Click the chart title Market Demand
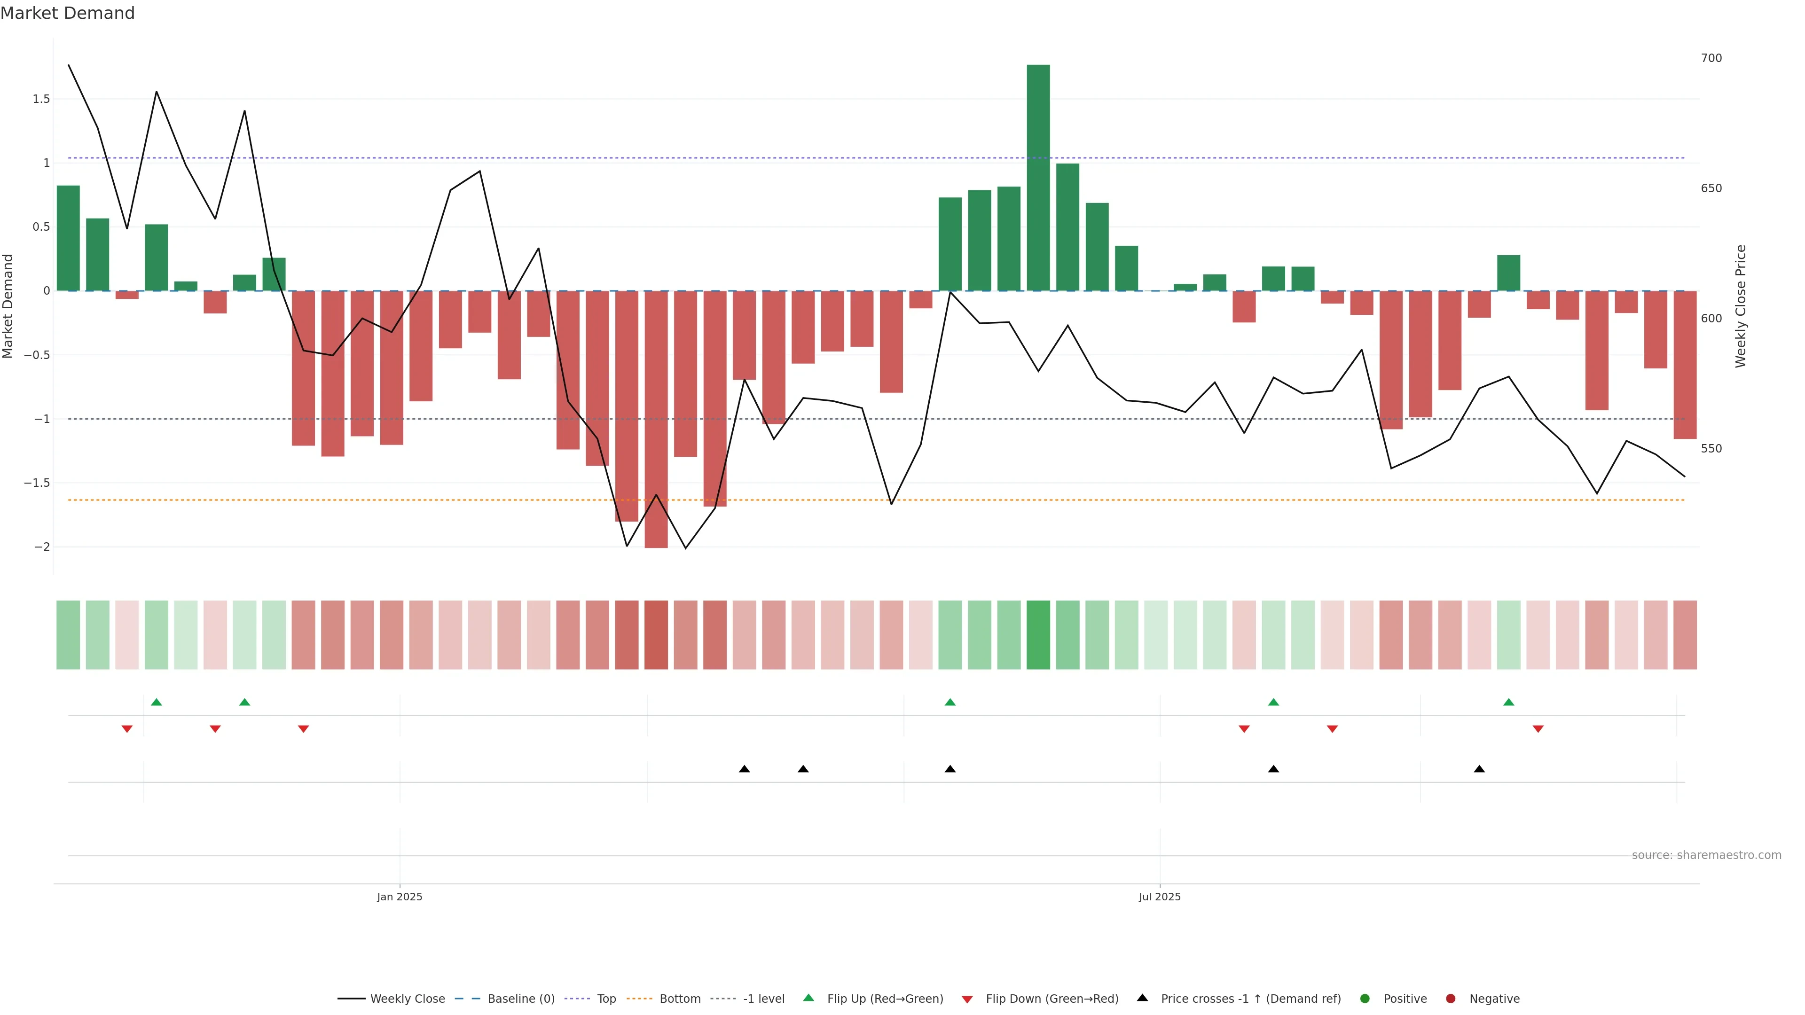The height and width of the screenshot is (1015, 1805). click(67, 13)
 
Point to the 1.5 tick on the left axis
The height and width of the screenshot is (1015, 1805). click(41, 99)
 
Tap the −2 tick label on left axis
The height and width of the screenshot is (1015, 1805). click(41, 547)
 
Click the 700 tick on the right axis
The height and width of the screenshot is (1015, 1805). click(1711, 58)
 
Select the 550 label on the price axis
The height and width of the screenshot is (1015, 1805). click(1711, 448)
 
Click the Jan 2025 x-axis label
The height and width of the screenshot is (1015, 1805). click(400, 897)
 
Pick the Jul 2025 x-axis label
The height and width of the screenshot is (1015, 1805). click(1159, 897)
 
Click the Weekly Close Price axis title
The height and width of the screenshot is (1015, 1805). click(1741, 306)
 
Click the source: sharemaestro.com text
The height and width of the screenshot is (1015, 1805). click(1706, 855)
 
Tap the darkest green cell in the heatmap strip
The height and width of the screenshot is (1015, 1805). click(1038, 635)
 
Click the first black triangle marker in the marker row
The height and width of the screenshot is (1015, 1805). click(744, 769)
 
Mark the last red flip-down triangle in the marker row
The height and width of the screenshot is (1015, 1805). click(1538, 729)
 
